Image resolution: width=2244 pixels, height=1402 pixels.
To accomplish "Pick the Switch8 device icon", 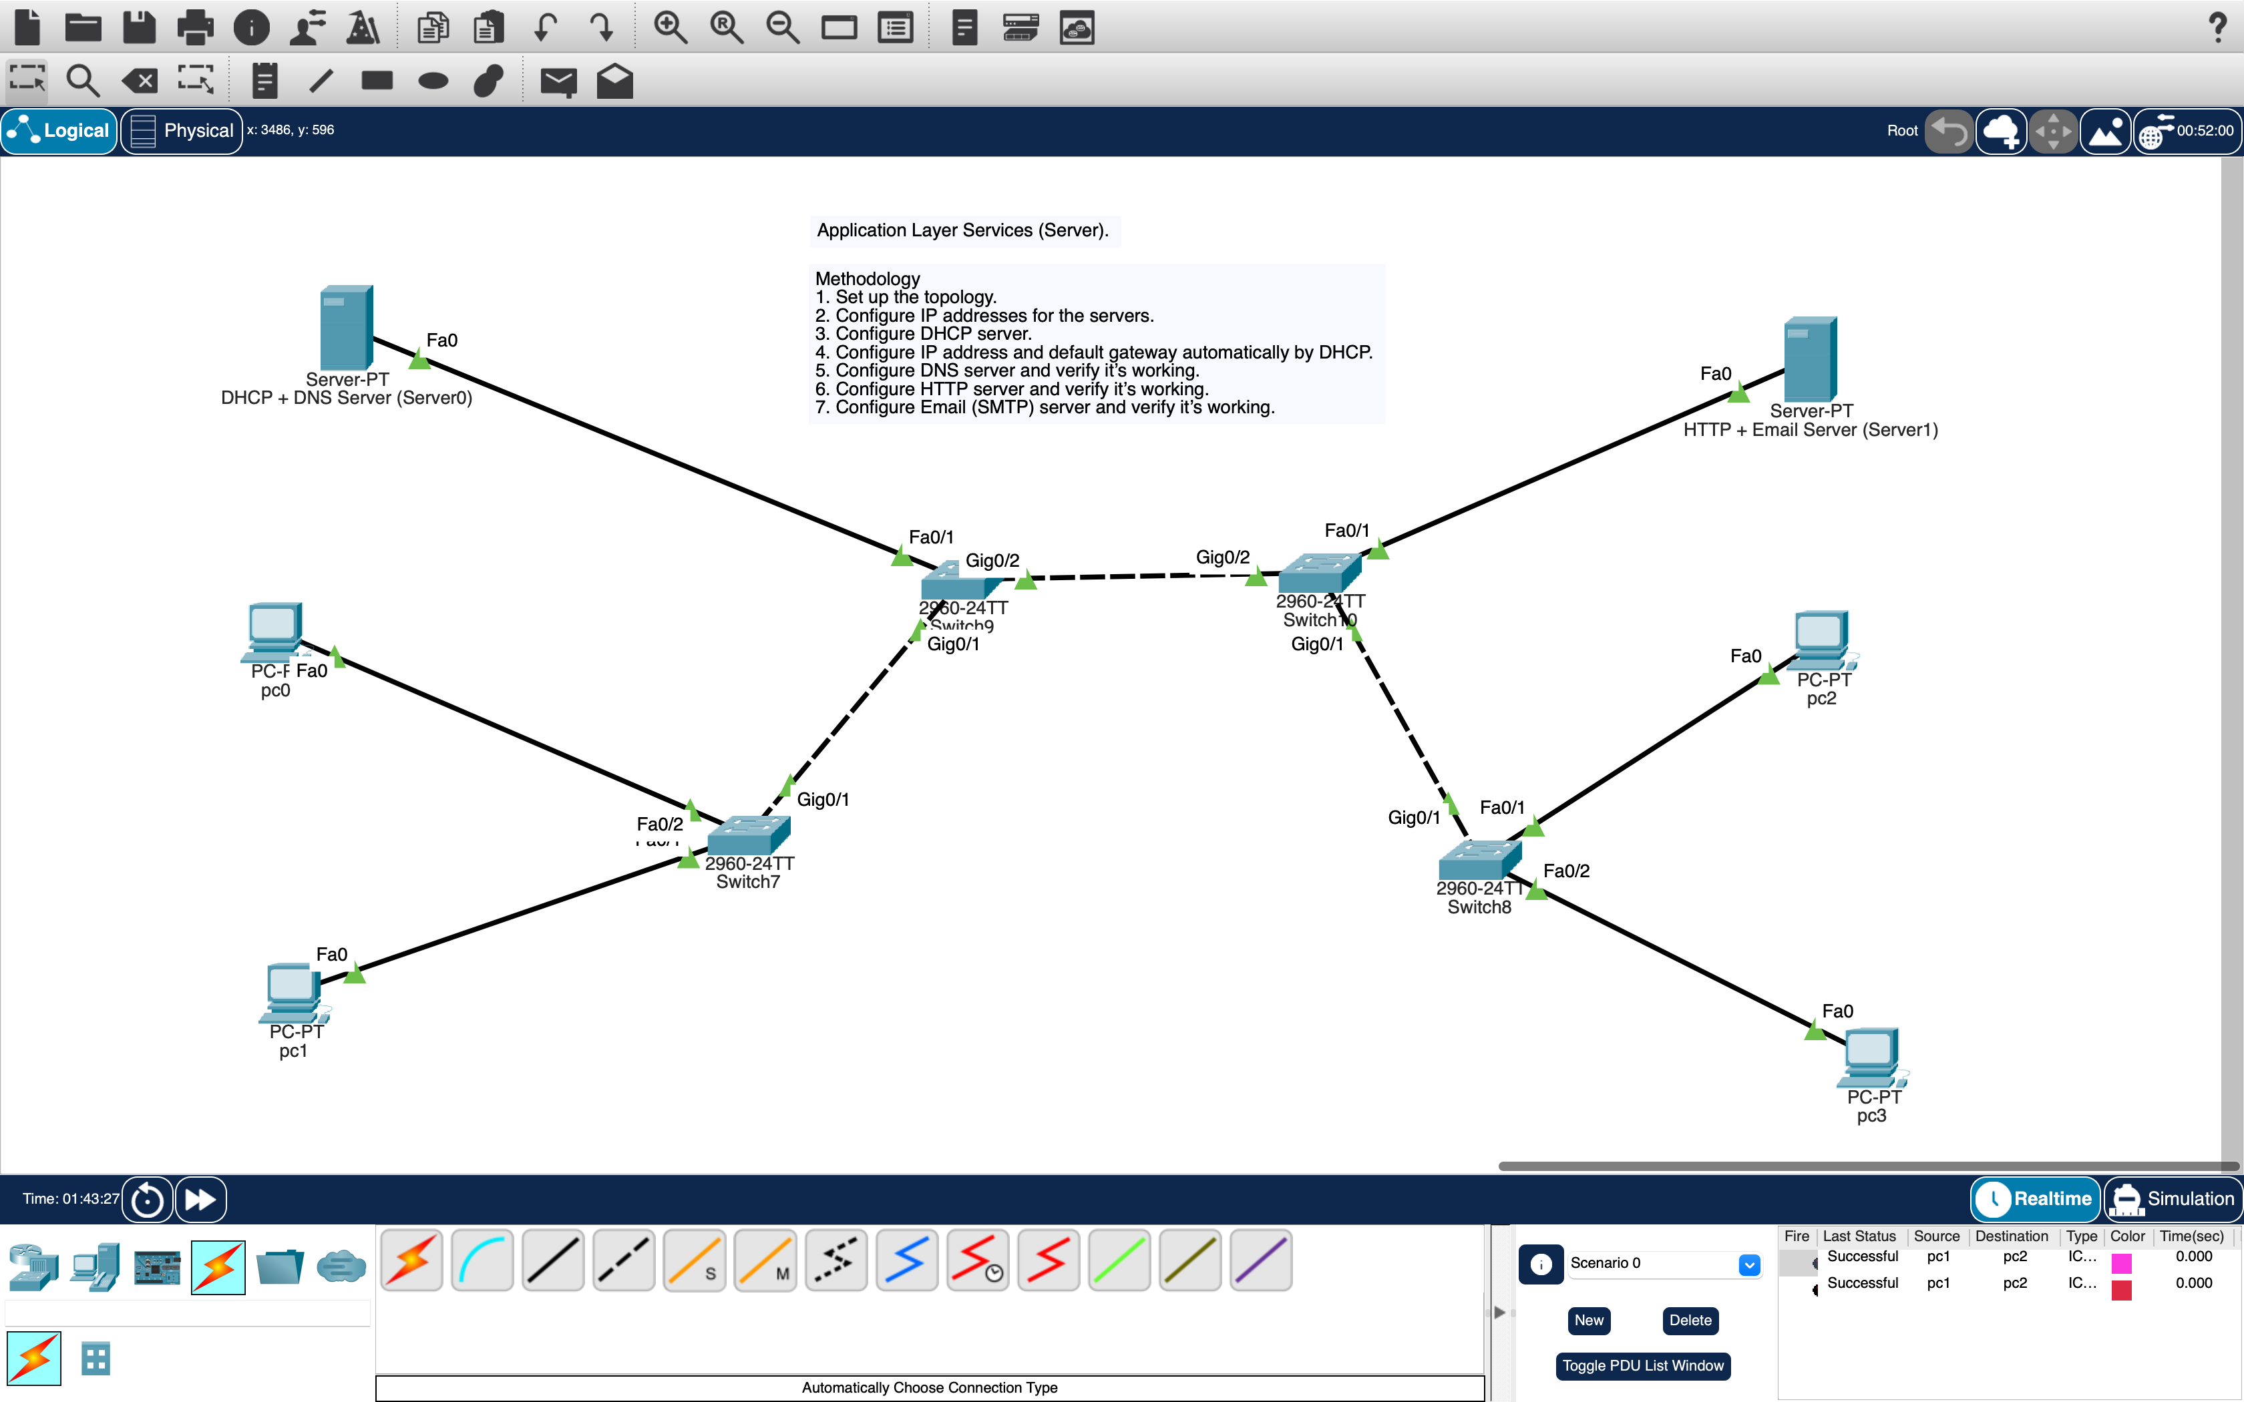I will tap(1479, 860).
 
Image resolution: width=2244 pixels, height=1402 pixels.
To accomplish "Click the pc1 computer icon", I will tap(294, 993).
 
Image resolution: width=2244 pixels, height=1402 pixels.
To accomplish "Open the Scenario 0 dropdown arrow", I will tap(1749, 1264).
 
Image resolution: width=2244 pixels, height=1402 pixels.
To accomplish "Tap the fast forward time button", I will tap(200, 1199).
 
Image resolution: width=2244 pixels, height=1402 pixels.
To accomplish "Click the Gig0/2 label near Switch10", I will tap(1222, 557).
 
